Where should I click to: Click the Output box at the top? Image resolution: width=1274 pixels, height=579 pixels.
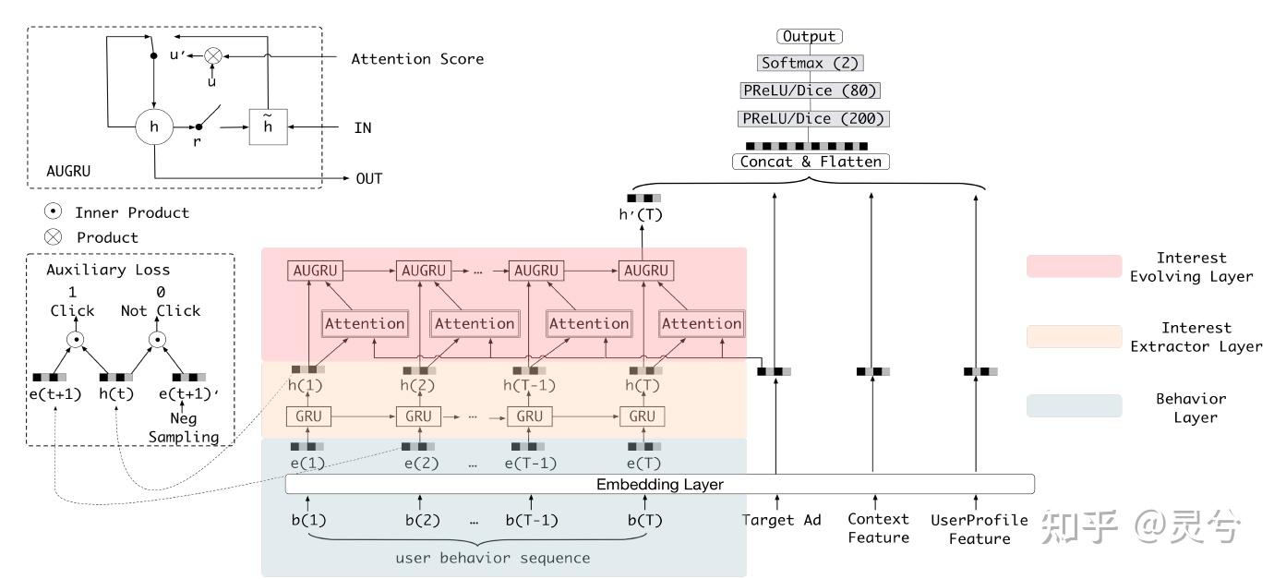click(809, 37)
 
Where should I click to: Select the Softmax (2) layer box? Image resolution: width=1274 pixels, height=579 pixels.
click(809, 64)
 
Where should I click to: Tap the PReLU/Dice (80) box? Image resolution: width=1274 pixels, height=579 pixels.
click(809, 90)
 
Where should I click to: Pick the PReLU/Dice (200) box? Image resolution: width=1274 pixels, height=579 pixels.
click(812, 118)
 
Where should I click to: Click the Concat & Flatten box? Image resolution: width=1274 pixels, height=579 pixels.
click(811, 162)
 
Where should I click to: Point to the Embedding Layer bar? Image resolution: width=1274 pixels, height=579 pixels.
click(659, 484)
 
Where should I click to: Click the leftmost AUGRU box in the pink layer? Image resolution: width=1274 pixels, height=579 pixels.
click(316, 271)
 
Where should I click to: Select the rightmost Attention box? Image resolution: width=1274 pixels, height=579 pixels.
click(701, 323)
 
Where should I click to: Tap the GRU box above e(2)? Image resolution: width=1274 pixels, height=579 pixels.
click(417, 416)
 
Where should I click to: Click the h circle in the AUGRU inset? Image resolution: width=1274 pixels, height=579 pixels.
click(154, 127)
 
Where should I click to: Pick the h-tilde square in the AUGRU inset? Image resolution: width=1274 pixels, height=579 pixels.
click(268, 127)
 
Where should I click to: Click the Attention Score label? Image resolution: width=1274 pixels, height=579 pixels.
click(416, 59)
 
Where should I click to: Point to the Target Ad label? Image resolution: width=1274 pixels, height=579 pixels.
click(781, 520)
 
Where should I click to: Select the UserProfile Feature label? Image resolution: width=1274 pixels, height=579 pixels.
click(979, 529)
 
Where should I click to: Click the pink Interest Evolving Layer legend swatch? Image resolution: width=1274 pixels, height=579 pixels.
click(1074, 266)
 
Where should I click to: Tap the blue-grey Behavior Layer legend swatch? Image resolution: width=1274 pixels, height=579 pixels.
click(1074, 406)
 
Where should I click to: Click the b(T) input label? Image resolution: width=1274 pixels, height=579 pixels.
click(644, 520)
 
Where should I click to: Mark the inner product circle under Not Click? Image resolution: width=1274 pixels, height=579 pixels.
click(158, 339)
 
